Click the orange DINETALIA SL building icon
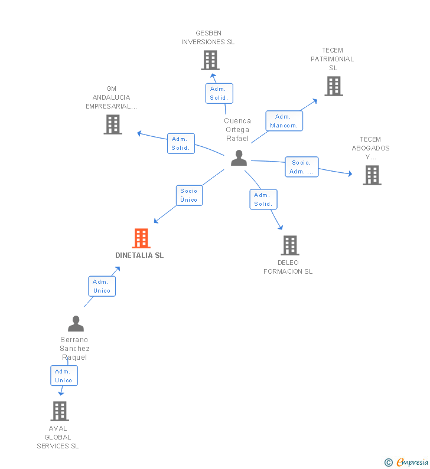pos(141,238)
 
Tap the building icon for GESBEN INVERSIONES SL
pos(210,60)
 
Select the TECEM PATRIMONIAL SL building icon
pos(334,86)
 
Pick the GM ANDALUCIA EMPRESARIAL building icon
pos(113,124)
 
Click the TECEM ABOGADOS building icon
pos(372,175)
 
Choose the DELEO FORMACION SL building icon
pos(289,245)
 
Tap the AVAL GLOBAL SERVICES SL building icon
pos(60,411)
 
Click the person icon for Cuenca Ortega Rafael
pos(239,158)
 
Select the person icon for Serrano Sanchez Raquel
pos(76,324)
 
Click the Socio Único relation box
pos(189,195)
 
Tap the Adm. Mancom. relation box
pos(284,121)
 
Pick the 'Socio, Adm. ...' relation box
pos(301,167)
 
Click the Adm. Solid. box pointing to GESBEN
pos(219,93)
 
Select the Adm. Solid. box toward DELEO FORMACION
pos(263,199)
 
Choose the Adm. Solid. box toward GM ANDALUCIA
pos(181,143)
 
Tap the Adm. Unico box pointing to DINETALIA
pos(102,286)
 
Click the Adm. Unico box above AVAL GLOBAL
pos(64,376)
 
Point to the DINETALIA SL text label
pos(139,255)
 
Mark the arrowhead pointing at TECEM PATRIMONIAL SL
pos(315,100)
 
